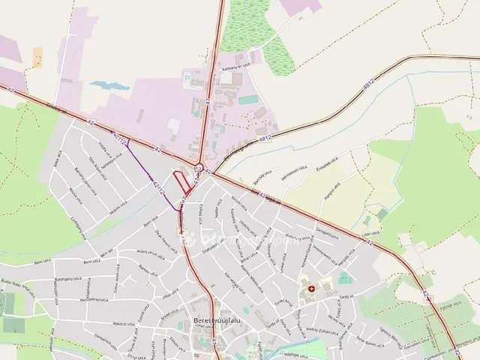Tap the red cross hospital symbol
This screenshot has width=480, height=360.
click(311, 288)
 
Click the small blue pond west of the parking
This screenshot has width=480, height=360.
click(99, 85)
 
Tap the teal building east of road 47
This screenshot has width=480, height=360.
click(248, 100)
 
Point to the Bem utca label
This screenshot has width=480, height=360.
click(45, 263)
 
